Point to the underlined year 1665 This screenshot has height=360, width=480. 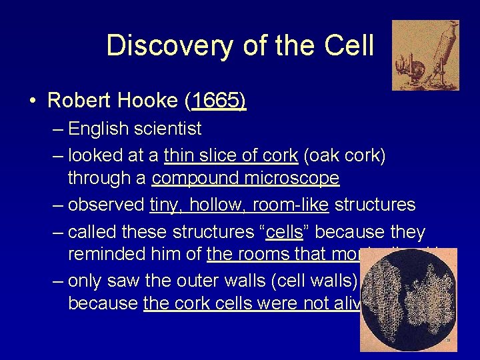tap(218, 101)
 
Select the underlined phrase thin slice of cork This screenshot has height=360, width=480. tap(231, 155)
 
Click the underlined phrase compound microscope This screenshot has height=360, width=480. tap(245, 179)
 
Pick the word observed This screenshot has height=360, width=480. tap(107, 205)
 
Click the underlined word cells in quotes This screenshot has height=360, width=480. tap(284, 232)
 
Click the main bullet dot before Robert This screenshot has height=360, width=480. tap(32, 101)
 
